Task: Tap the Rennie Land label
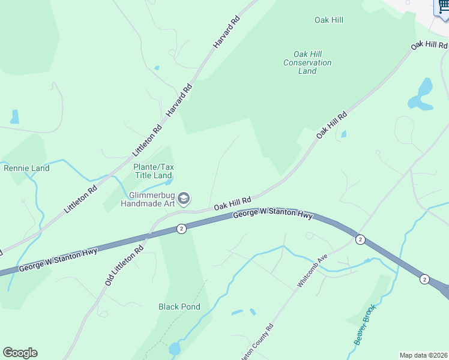pyautogui.click(x=26, y=168)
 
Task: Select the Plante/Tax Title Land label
pyautogui.click(x=152, y=171)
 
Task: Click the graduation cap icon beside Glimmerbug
pyautogui.click(x=184, y=199)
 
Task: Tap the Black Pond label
pyautogui.click(x=179, y=307)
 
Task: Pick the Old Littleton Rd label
pyautogui.click(x=124, y=265)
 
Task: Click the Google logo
pyautogui.click(x=20, y=353)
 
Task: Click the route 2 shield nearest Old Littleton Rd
pyautogui.click(x=181, y=229)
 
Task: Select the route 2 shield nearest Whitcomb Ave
pyautogui.click(x=360, y=239)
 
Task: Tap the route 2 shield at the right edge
pyautogui.click(x=424, y=279)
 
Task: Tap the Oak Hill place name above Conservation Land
pyautogui.click(x=329, y=20)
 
